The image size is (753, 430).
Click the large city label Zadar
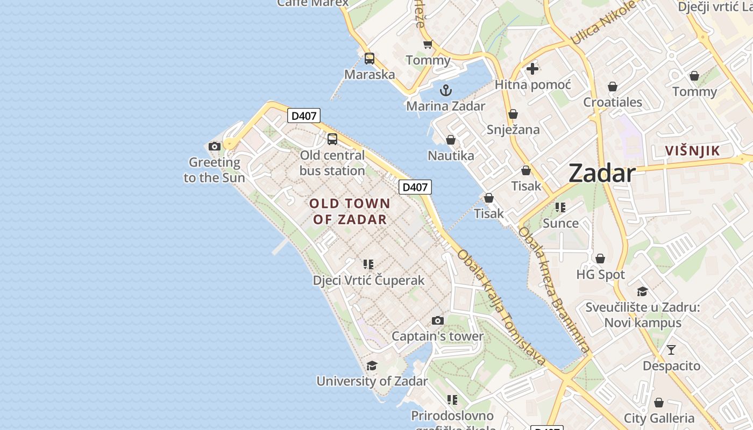point(602,173)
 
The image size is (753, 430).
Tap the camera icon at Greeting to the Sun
point(214,146)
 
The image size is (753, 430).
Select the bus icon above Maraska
point(369,59)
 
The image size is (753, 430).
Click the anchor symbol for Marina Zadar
point(445,90)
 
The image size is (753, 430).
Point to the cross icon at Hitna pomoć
point(532,69)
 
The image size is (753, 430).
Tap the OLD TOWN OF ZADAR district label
point(350,211)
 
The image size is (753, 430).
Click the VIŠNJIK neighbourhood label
point(692,150)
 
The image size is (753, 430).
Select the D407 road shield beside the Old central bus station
point(304,116)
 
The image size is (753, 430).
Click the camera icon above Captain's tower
point(437,320)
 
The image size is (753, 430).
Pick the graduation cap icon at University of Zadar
point(372,366)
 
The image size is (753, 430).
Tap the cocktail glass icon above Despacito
point(671,350)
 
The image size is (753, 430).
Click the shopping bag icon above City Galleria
point(658,403)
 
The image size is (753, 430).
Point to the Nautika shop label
point(451,156)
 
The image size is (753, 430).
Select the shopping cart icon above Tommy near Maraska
point(428,45)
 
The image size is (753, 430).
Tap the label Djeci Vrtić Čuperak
point(368,280)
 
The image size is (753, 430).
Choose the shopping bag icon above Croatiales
point(612,87)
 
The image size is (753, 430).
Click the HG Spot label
point(600,275)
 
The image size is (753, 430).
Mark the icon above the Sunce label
point(560,207)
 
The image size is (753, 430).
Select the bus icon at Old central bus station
point(332,139)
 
